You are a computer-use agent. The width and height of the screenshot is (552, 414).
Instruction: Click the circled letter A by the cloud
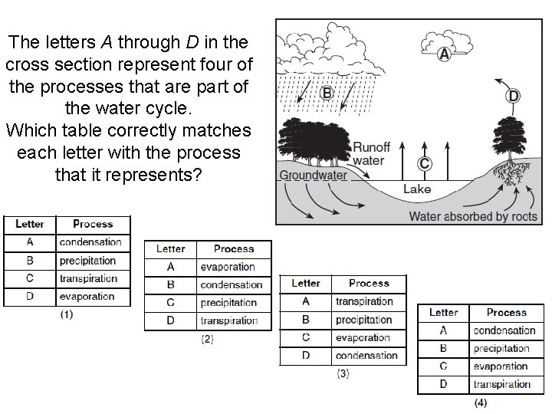pyautogui.click(x=444, y=54)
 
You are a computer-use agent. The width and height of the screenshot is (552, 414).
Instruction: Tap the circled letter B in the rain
pyautogui.click(x=327, y=93)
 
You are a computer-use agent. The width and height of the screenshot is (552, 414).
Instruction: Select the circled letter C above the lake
pyautogui.click(x=424, y=163)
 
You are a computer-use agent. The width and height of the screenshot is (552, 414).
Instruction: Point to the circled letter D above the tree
pyautogui.click(x=513, y=96)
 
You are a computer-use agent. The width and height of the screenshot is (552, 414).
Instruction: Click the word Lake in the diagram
pyautogui.click(x=416, y=189)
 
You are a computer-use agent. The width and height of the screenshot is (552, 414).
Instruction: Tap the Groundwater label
pyautogui.click(x=313, y=175)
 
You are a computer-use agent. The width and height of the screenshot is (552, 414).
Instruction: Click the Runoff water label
pyautogui.click(x=371, y=153)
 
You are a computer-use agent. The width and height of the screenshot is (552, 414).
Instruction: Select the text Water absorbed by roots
pyautogui.click(x=473, y=216)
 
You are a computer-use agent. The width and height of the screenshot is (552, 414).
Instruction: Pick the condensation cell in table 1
pyautogui.click(x=90, y=242)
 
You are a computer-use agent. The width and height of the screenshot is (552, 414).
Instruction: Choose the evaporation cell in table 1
pyautogui.click(x=87, y=297)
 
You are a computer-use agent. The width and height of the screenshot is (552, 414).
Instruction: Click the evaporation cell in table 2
pyautogui.click(x=228, y=267)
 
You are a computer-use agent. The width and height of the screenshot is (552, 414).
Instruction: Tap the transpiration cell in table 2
pyautogui.click(x=229, y=321)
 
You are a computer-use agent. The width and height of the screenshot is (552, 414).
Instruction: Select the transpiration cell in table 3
pyautogui.click(x=364, y=301)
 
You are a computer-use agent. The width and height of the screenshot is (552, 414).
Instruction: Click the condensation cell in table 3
pyautogui.click(x=366, y=356)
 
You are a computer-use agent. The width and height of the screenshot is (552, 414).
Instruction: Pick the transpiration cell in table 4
pyautogui.click(x=502, y=385)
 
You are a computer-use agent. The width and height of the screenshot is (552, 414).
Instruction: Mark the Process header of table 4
pyautogui.click(x=507, y=313)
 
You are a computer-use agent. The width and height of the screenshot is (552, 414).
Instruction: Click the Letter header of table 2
pyautogui.click(x=170, y=249)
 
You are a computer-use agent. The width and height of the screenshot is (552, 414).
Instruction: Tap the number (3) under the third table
pyautogui.click(x=343, y=373)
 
